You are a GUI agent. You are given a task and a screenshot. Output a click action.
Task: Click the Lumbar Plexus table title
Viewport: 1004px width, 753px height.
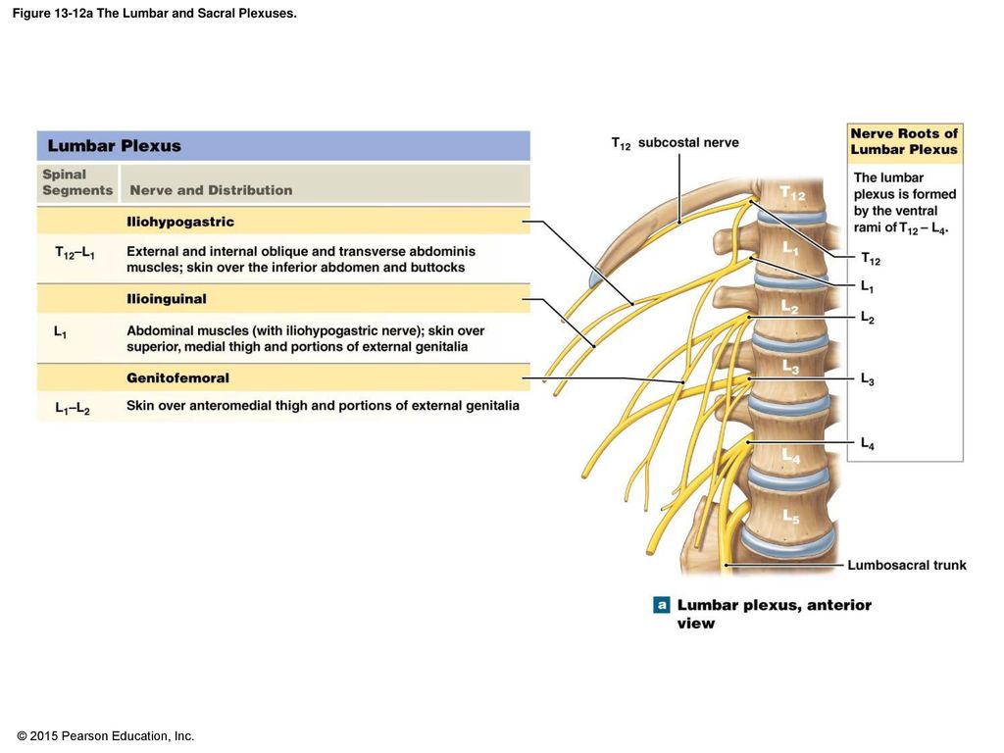114,146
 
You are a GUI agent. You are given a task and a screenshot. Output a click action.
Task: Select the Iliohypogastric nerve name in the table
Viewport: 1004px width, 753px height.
180,222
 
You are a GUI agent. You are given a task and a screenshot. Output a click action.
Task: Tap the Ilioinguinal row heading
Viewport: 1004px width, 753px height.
167,299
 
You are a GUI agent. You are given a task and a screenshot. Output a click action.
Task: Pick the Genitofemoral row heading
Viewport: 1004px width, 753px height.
177,377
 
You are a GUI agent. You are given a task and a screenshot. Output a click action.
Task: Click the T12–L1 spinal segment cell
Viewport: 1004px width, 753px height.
75,253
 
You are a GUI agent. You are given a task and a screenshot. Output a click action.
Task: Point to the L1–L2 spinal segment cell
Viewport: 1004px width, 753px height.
73,408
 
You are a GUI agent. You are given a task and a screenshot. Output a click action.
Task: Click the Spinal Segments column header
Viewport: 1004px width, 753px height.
77,182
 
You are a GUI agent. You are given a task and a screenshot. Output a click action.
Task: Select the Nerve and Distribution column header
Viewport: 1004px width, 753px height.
211,190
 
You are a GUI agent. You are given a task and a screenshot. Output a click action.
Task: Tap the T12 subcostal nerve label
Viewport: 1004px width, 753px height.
675,143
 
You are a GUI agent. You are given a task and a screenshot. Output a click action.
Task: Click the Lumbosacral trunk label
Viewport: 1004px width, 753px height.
907,565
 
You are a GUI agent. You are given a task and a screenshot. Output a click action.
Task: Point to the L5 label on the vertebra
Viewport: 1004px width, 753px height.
791,516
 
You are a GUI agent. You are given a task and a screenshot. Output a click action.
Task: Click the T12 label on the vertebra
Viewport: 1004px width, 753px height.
792,193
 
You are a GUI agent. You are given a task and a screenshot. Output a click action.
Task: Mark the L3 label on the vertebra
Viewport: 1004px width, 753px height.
791,367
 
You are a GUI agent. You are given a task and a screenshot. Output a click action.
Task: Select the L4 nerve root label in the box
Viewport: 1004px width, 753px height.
868,443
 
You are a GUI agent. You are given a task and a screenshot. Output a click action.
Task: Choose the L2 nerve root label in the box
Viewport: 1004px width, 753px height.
868,318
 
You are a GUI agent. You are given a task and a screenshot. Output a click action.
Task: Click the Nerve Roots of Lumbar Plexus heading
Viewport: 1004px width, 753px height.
904,141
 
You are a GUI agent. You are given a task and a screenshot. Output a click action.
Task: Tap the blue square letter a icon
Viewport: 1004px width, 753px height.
662,604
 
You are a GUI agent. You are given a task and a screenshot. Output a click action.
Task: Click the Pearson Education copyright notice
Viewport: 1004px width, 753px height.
106,736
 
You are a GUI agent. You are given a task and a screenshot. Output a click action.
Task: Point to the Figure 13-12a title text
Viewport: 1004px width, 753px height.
154,14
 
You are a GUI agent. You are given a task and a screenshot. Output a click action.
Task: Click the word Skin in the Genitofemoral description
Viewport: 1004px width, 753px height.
139,405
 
